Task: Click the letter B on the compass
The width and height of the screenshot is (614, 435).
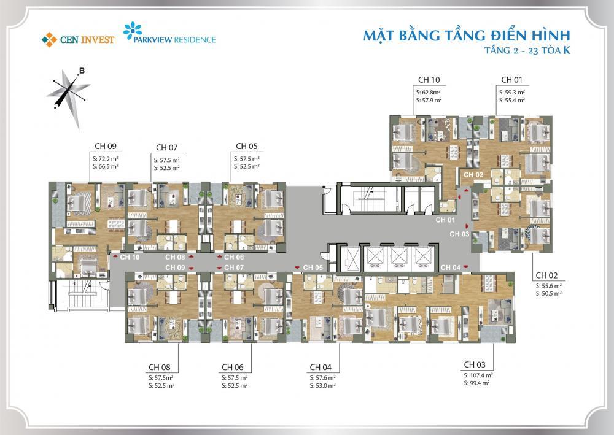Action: click(x=82, y=71)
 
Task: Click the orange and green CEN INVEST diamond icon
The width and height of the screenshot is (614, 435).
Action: click(x=49, y=40)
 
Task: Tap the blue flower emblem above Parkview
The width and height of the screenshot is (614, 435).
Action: click(x=133, y=30)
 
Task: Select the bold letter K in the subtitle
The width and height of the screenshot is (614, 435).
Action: click(x=566, y=50)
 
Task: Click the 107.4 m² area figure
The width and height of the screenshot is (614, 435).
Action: click(x=481, y=375)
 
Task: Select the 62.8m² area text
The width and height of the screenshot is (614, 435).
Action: click(x=431, y=92)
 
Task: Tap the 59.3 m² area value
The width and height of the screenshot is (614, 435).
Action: click(x=515, y=92)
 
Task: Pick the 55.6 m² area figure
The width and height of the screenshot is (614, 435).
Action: click(x=551, y=285)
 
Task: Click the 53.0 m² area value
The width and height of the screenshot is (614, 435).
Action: click(x=325, y=386)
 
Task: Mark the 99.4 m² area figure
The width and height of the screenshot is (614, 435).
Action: click(x=480, y=383)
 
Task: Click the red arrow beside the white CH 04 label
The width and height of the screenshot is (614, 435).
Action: click(x=465, y=267)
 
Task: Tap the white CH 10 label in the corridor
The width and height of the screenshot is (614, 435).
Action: click(x=130, y=257)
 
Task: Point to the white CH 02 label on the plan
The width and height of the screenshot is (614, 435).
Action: click(x=473, y=175)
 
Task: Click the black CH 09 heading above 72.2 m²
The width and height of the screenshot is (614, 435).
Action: click(x=106, y=146)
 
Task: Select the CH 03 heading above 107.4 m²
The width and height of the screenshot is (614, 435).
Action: click(x=475, y=364)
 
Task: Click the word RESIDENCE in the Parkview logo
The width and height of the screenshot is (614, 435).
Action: click(x=195, y=40)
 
